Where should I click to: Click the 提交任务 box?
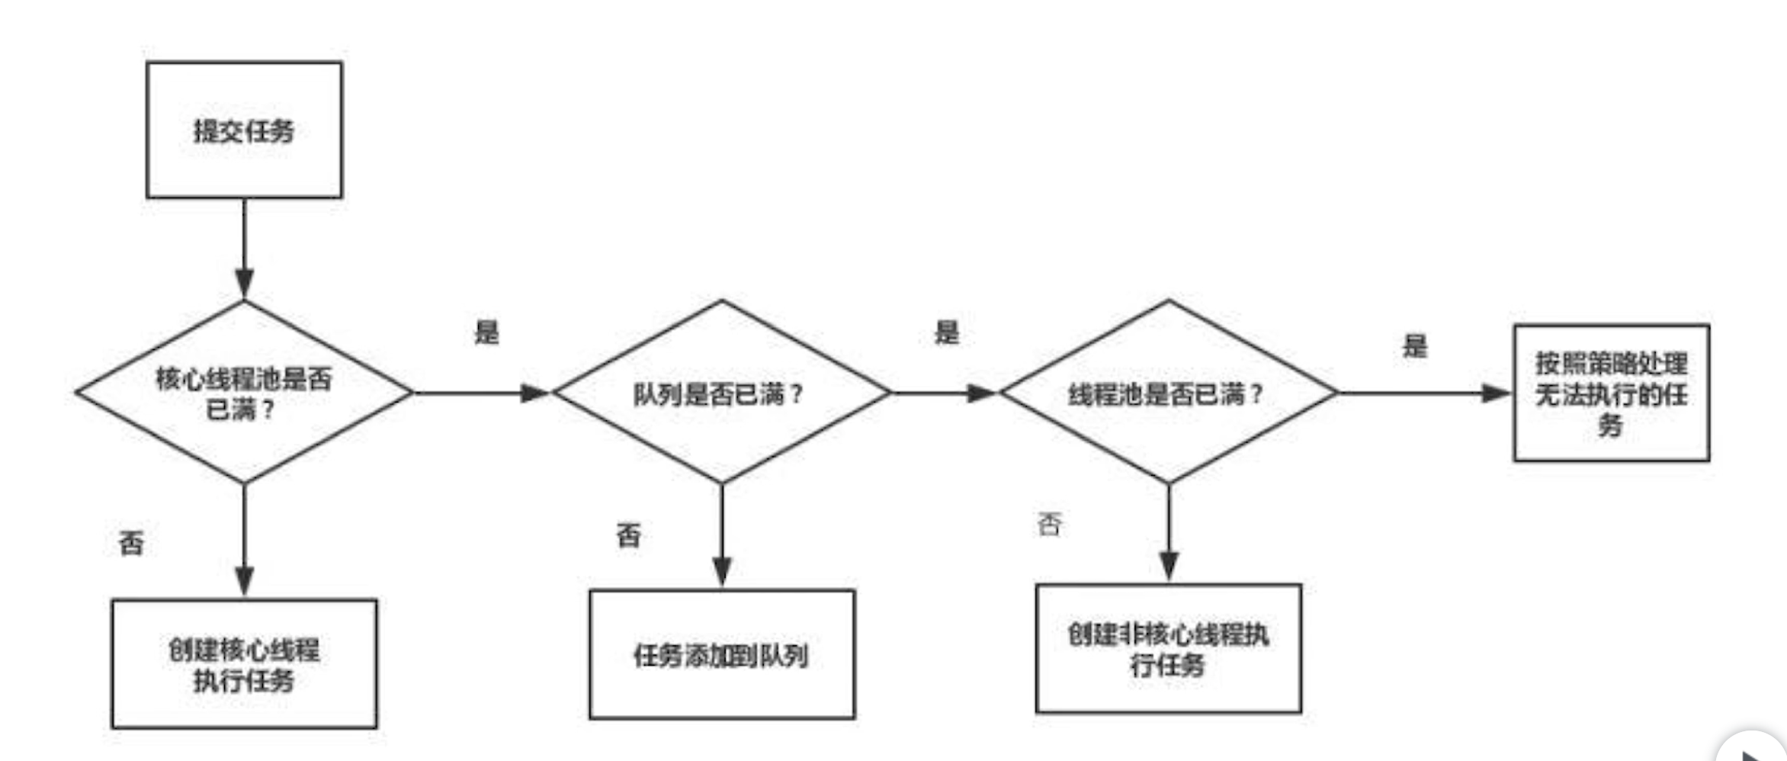[x=244, y=130]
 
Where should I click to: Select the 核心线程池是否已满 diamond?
[x=244, y=393]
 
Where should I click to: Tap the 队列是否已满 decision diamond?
[x=721, y=393]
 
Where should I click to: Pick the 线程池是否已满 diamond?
[x=1168, y=393]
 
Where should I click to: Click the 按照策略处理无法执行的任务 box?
[x=1611, y=393]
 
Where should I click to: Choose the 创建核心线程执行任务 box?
[x=244, y=663]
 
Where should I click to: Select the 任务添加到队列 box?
[x=721, y=654]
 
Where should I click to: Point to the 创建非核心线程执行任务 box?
[x=1168, y=649]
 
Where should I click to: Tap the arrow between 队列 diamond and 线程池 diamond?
[x=944, y=393]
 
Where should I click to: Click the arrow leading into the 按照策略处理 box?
[x=1424, y=393]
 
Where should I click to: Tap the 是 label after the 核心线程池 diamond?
[x=487, y=332]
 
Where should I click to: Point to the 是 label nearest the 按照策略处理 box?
[x=1415, y=346]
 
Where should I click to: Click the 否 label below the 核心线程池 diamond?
[x=131, y=543]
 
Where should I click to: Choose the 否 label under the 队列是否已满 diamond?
[x=629, y=535]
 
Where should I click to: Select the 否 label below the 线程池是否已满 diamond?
[x=1050, y=525]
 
